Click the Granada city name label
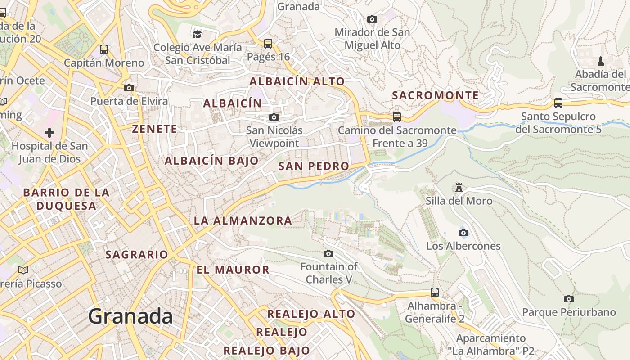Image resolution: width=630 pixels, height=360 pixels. point(130,316)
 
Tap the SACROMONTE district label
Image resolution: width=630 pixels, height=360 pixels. point(435,95)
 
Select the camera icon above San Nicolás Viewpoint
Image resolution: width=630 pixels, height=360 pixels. point(274,117)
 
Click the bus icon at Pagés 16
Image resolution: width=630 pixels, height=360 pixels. point(268,44)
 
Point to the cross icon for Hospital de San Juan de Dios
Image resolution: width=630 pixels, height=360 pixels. point(49,133)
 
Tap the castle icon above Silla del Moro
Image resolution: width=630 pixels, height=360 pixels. point(459,187)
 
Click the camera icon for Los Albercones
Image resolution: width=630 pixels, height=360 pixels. point(463,233)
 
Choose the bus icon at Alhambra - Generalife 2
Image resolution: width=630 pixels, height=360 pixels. point(434,292)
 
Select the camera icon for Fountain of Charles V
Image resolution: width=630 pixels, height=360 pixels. point(328,253)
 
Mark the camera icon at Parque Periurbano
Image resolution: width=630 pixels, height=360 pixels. point(568,299)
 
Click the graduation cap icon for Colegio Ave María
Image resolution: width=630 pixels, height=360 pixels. point(197,34)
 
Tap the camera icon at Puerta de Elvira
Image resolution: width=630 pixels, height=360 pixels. point(129,88)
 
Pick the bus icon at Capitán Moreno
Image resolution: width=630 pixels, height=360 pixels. point(104,49)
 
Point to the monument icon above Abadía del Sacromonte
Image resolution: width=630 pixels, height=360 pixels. point(600,61)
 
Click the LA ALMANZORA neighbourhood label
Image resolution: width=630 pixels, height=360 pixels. point(243,221)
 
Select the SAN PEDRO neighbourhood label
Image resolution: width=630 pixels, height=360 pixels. point(314,166)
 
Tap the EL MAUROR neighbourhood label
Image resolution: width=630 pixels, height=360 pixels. point(233,270)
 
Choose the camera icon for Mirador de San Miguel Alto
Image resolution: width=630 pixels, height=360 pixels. point(372,19)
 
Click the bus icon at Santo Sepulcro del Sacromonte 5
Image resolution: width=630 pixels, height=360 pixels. point(558,103)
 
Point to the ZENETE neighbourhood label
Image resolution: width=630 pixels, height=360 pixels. point(154,129)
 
